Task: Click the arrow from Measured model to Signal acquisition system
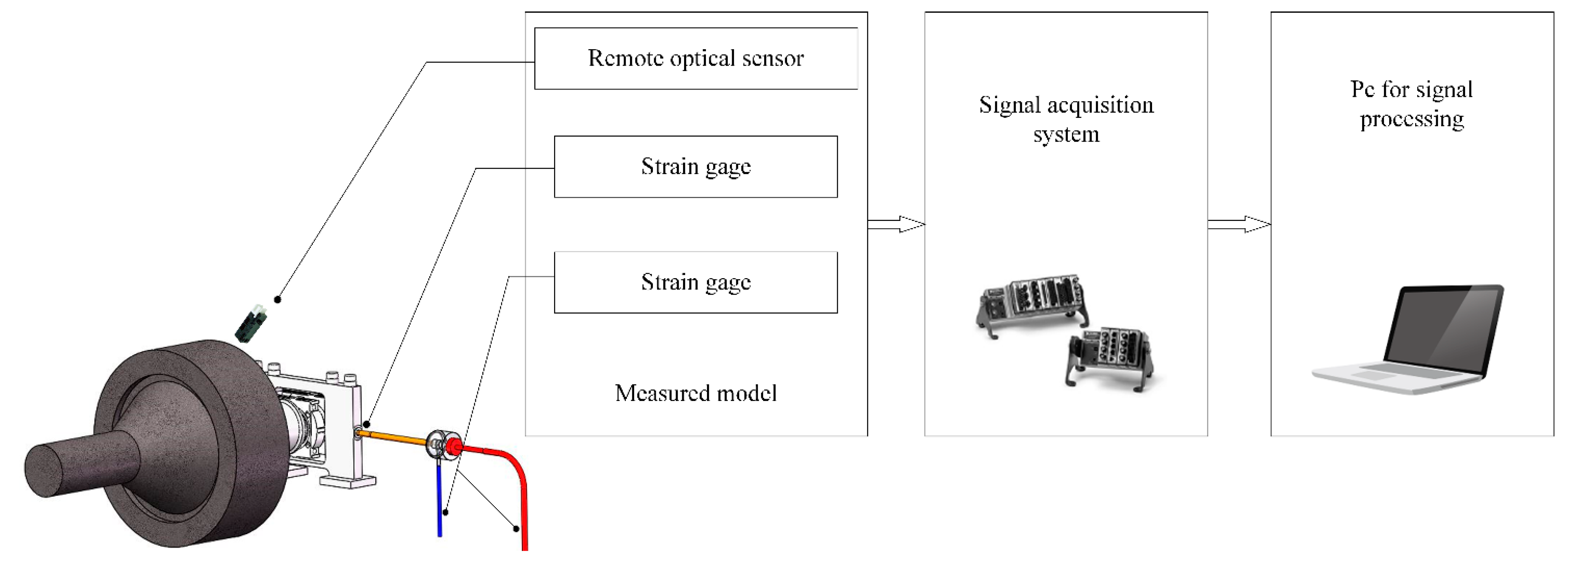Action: tap(896, 224)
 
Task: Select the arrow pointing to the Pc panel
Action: tap(1239, 224)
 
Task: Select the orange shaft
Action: tap(392, 437)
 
